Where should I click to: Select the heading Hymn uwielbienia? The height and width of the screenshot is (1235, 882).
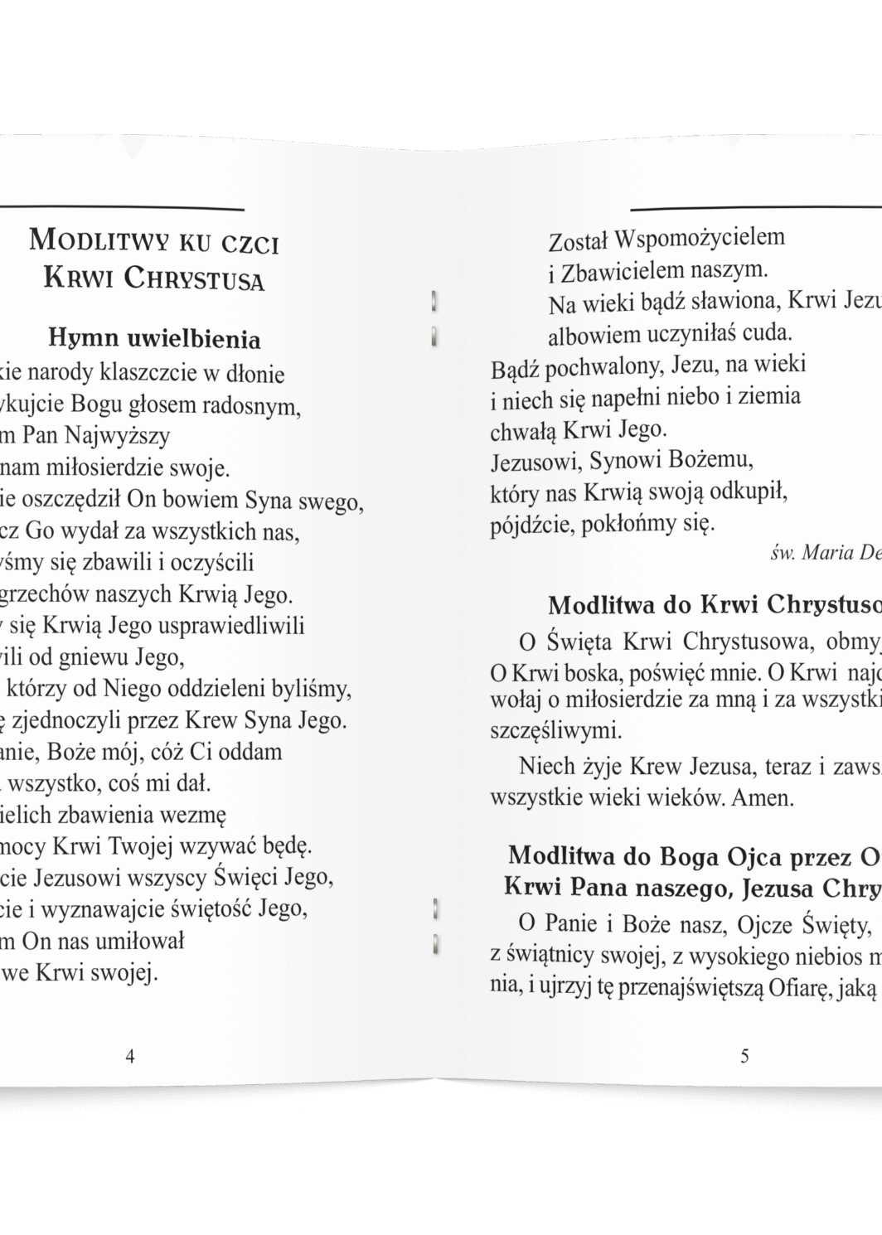coord(154,338)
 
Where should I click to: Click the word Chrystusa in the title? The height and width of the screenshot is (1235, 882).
coord(194,278)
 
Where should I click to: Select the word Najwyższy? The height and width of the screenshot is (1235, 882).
coord(123,436)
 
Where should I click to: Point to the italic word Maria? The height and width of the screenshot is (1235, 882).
coord(828,554)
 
